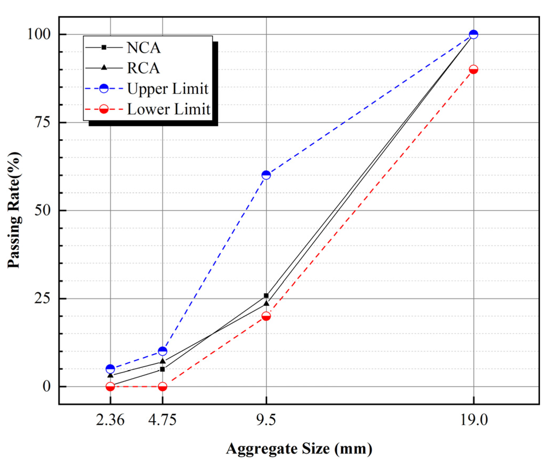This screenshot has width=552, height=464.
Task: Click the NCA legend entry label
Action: pyautogui.click(x=143, y=48)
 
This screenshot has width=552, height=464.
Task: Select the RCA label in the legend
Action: pyautogui.click(x=143, y=68)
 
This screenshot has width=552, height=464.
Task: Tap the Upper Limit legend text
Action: pyautogui.click(x=167, y=89)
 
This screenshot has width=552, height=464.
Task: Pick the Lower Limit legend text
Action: pyautogui.click(x=168, y=109)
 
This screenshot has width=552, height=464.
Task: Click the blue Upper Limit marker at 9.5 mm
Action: pyautogui.click(x=266, y=175)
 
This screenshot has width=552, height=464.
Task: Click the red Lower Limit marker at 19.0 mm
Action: pyautogui.click(x=473, y=70)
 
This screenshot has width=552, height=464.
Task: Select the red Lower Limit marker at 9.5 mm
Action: pyautogui.click(x=266, y=316)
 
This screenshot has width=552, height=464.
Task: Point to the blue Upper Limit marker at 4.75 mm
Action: pyautogui.click(x=162, y=351)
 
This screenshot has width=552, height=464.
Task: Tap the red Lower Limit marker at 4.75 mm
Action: pyautogui.click(x=162, y=387)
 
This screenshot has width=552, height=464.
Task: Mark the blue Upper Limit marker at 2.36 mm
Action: pyautogui.click(x=110, y=369)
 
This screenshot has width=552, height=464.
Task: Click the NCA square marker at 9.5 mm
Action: pyautogui.click(x=266, y=295)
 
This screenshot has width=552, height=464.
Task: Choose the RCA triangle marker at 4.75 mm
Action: pyautogui.click(x=163, y=361)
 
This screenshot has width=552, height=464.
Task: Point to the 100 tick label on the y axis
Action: pyautogui.click(x=39, y=34)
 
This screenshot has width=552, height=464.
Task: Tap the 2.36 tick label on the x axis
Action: pyautogui.click(x=110, y=420)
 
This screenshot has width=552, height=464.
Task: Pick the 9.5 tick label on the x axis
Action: pyautogui.click(x=266, y=420)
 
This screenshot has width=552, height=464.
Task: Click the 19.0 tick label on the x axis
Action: pyautogui.click(x=474, y=420)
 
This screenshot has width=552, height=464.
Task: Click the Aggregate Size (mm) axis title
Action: pyautogui.click(x=299, y=449)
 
